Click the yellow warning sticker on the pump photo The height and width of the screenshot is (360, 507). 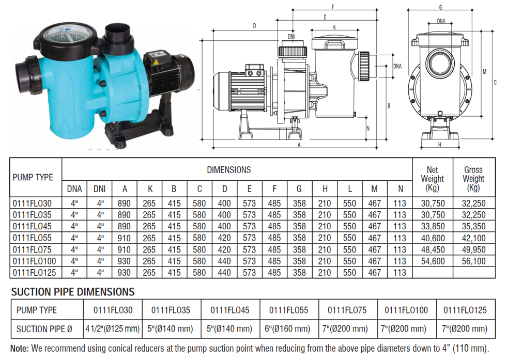157,62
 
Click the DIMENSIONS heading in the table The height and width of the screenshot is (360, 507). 229,169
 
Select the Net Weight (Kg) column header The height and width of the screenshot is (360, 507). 432,179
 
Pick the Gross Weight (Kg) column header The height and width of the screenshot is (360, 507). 473,179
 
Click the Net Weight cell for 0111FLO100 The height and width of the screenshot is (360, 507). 433,261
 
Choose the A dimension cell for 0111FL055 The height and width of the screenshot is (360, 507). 124,238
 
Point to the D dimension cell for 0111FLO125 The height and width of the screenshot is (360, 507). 224,273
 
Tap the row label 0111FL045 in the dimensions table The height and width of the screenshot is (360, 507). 32,227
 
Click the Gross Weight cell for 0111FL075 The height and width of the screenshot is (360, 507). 474,250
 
